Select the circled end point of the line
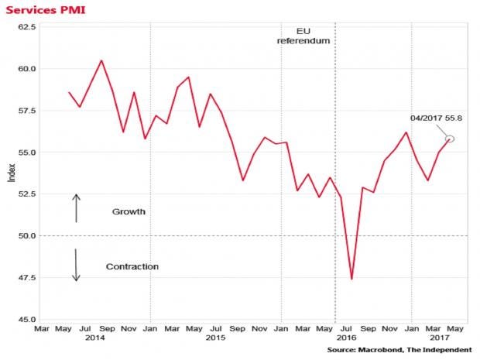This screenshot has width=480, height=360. coord(450,139)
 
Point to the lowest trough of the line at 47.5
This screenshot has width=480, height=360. coord(351,279)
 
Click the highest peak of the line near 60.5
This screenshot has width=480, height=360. coord(101,60)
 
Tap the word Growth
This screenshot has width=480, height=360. coord(129,211)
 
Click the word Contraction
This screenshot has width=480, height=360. coord(132,266)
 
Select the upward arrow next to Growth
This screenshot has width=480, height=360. coord(77,207)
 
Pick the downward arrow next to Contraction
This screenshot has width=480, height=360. coord(77,265)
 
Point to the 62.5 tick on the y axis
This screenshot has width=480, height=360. coord(27,26)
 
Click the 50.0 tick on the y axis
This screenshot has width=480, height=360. coord(27,235)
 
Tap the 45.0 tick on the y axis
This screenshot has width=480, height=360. coord(27,319)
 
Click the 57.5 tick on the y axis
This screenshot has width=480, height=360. coord(27,110)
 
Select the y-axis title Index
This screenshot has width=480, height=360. coord(10,173)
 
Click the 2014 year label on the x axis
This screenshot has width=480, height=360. coord(95,338)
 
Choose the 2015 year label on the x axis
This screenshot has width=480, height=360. coord(215,338)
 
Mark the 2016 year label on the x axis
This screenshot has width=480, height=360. coord(347,338)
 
